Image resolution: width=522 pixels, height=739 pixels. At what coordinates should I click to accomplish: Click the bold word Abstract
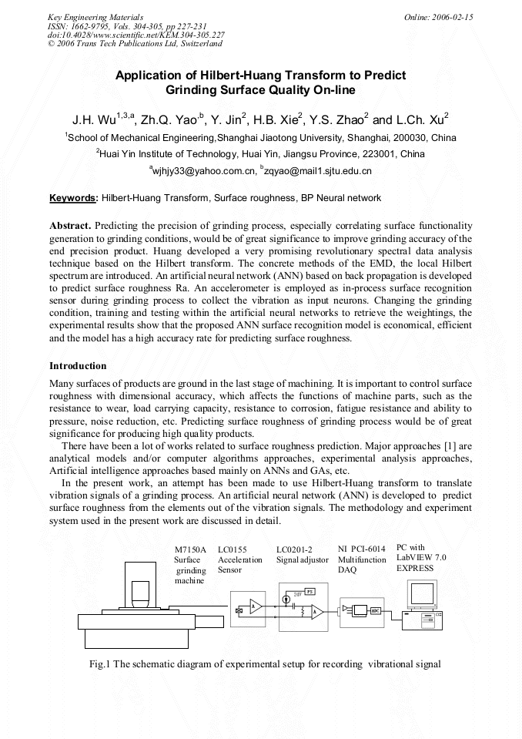pyautogui.click(x=70, y=226)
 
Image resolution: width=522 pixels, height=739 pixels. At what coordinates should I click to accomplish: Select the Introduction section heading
pyautogui.click(x=78, y=365)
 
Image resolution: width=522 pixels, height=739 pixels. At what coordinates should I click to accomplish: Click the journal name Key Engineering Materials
pyautogui.click(x=95, y=16)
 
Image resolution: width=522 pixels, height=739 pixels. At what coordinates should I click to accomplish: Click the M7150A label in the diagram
pyautogui.click(x=190, y=549)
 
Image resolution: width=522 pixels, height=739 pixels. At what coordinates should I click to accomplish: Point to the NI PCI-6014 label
pyautogui.click(x=362, y=549)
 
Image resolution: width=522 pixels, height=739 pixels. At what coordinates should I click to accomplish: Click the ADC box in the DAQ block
pyautogui.click(x=375, y=610)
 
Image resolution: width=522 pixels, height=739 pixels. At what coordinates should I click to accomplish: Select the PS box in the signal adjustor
pyautogui.click(x=310, y=591)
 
